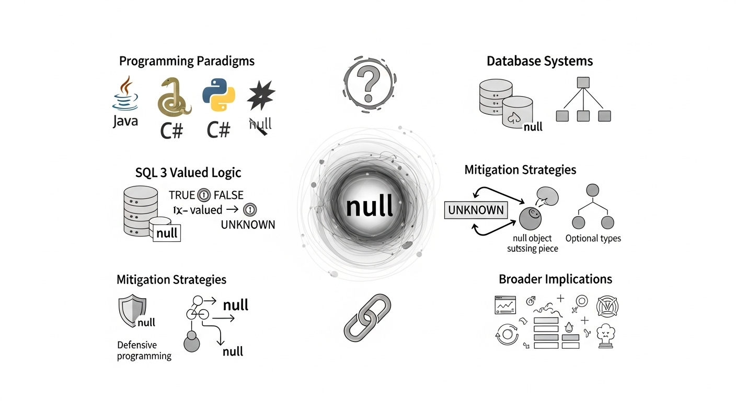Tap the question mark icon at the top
tap(368, 84)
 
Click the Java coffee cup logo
tap(125, 94)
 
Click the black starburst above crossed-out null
tap(261, 97)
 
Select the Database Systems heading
tap(539, 61)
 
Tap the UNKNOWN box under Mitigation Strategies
tap(476, 210)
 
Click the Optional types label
tap(593, 238)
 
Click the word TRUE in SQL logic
tap(182, 195)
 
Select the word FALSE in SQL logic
tap(228, 195)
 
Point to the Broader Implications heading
tap(555, 279)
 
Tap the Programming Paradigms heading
tap(187, 61)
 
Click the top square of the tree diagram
tap(583, 82)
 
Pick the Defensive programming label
tap(144, 350)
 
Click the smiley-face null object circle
tap(531, 218)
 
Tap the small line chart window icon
tap(505, 304)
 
